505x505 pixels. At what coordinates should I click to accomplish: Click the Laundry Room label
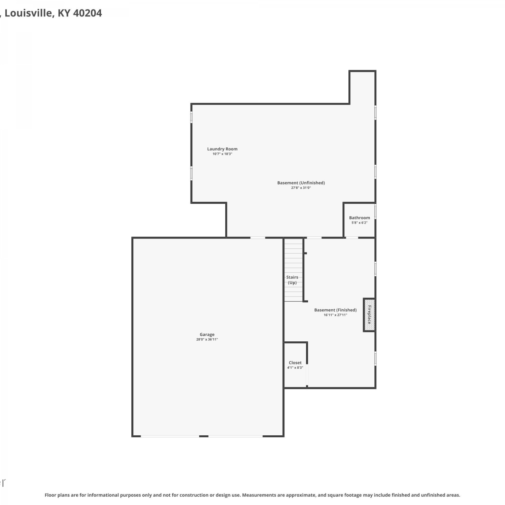(x=222, y=149)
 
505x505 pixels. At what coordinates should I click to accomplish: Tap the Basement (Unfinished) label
(x=301, y=183)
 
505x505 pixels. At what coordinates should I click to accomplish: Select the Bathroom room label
(x=360, y=218)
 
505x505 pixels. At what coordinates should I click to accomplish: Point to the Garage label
(x=207, y=334)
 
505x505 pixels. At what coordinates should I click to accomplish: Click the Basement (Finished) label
(x=335, y=310)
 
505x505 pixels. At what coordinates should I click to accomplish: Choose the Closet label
(x=295, y=363)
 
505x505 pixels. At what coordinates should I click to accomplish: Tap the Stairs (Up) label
(x=292, y=280)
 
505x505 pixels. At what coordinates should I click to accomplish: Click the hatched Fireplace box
(x=369, y=315)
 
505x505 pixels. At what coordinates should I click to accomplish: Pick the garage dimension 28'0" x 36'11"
(x=207, y=339)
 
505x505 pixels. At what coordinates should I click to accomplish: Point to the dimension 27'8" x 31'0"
(x=301, y=188)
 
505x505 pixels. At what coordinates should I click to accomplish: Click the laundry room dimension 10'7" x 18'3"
(x=222, y=154)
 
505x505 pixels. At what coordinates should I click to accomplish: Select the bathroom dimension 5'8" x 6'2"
(x=360, y=223)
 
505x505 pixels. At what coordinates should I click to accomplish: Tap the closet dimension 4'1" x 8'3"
(x=295, y=368)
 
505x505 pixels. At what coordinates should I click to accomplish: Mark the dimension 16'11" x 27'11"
(x=335, y=315)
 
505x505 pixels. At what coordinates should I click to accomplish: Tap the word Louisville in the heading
(x=29, y=13)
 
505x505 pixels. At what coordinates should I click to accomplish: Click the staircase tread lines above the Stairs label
(x=294, y=256)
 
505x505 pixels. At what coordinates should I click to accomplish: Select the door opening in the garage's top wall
(x=258, y=238)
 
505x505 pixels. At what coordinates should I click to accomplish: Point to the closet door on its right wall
(x=307, y=375)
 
